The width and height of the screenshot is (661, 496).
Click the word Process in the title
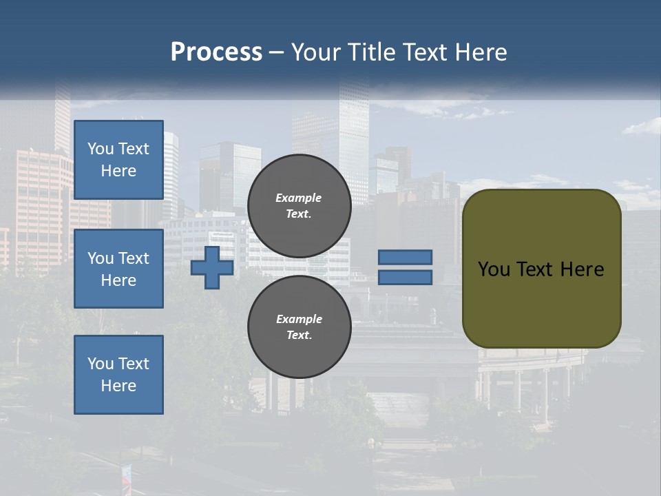pos(216,52)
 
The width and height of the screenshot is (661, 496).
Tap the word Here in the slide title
pos(480,52)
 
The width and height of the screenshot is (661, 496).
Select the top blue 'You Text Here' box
pos(118,160)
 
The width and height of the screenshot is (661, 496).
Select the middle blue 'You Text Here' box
pos(118,269)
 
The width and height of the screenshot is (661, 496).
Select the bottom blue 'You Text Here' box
pos(118,375)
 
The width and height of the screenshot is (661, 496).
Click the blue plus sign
pos(212,268)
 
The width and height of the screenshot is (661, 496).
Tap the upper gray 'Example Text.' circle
pos(299,206)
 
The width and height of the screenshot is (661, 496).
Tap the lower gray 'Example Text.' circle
pos(299,327)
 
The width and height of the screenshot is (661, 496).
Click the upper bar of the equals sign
pos(406,258)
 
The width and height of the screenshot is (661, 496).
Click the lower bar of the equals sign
pos(406,278)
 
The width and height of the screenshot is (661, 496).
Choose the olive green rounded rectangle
pos(541,303)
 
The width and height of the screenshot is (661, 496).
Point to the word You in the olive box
pos(494,269)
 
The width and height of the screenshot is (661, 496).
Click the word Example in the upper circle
pos(299,198)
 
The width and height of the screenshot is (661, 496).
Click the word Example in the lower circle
pos(299,319)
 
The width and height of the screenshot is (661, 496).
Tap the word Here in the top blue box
pos(118,171)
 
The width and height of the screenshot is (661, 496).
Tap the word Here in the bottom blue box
pos(118,386)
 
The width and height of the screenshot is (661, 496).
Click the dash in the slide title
pos(276,53)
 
